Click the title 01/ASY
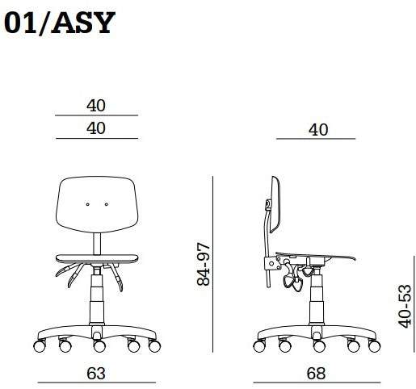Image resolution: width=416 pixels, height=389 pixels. (x=60, y=23)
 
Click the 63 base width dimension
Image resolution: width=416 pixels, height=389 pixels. (x=96, y=374)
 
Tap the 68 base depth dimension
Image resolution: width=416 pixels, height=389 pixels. (x=316, y=374)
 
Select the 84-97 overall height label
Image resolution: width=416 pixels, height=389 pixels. (x=204, y=264)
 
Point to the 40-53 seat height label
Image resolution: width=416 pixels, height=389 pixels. (x=405, y=306)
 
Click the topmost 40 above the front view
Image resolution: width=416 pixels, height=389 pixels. (x=96, y=106)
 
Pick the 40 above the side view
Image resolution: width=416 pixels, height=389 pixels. (x=318, y=130)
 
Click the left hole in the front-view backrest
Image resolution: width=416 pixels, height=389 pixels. (x=87, y=204)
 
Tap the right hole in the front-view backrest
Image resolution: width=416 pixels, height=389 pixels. (x=107, y=204)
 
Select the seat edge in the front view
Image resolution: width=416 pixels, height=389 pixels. (x=97, y=258)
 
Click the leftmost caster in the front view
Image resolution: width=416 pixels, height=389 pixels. (x=40, y=346)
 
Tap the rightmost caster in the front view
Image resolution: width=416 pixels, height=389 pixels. (x=154, y=346)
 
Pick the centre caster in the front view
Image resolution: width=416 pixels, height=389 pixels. (x=99, y=346)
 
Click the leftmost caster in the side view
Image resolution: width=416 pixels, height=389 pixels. (x=259, y=346)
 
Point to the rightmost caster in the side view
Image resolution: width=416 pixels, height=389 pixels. (x=374, y=346)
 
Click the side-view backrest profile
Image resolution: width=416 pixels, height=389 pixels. (x=275, y=204)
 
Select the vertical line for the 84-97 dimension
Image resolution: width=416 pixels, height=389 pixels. (x=212, y=264)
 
